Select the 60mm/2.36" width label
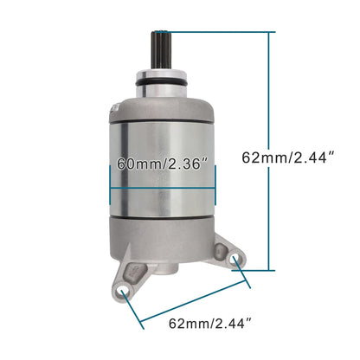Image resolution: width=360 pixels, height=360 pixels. coord(162,164)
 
